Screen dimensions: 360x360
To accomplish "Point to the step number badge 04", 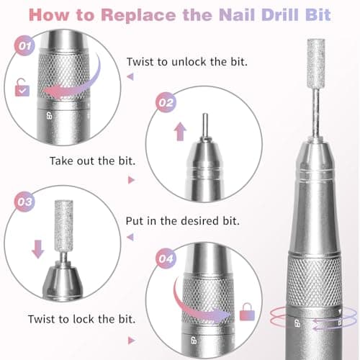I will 166,256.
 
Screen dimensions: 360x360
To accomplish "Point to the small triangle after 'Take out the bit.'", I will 130,180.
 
